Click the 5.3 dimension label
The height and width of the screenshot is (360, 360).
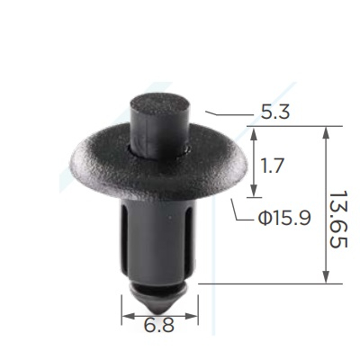click(274, 112)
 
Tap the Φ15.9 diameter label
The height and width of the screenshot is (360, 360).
click(283, 218)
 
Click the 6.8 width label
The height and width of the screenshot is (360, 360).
click(159, 325)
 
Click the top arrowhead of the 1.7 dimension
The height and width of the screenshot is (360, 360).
click(254, 134)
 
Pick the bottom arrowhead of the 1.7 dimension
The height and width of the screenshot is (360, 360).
click(254, 190)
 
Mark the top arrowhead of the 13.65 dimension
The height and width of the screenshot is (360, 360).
click(326, 134)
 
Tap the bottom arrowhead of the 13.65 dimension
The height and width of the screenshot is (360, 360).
click(326, 276)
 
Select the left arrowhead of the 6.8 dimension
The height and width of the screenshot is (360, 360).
click(129, 316)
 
